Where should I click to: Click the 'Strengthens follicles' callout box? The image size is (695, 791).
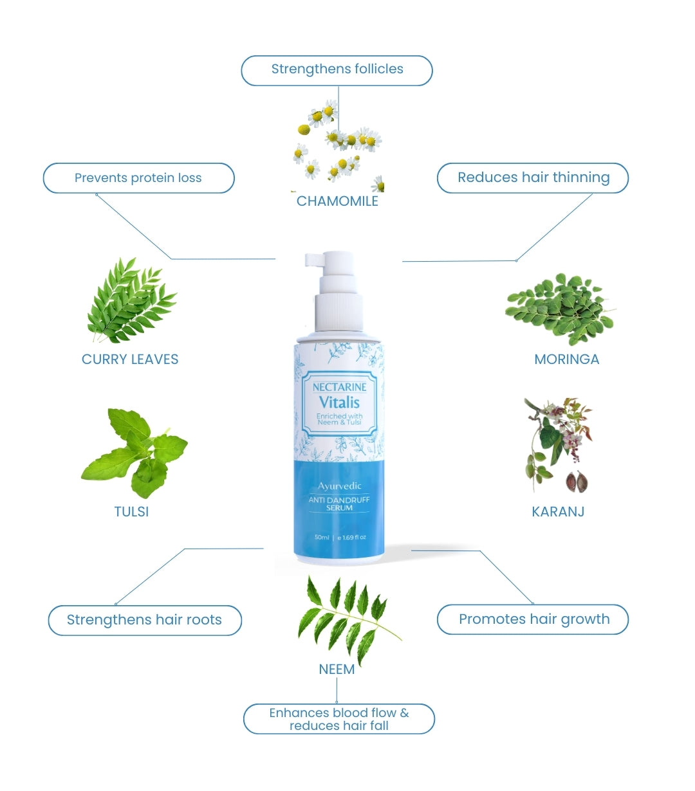click(x=337, y=70)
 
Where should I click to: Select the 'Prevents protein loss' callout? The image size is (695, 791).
click(x=138, y=178)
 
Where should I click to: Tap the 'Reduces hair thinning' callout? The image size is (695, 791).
click(x=533, y=177)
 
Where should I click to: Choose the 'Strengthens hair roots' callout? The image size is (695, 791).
click(x=144, y=620)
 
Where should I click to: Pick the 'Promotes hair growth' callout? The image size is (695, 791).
click(x=533, y=619)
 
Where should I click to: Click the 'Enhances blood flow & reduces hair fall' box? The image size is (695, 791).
click(x=339, y=719)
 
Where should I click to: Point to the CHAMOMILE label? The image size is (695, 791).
click(x=337, y=201)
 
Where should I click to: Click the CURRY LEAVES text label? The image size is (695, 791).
click(x=130, y=359)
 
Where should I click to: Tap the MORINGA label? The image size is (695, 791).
click(x=566, y=359)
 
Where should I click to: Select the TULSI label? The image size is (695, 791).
click(x=131, y=512)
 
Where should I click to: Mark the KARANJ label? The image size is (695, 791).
click(x=558, y=512)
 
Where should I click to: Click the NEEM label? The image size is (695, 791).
click(x=337, y=669)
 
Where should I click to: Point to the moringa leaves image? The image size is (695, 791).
click(x=559, y=307)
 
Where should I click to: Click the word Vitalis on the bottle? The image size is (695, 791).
click(x=339, y=403)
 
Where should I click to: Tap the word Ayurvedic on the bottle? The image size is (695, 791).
click(x=339, y=486)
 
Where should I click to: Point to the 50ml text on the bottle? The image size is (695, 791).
click(x=322, y=537)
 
